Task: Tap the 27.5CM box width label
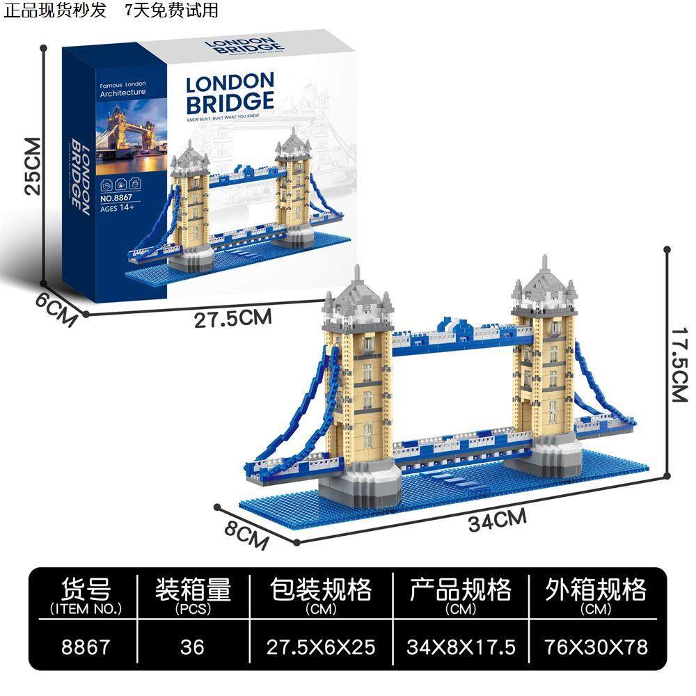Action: (232, 319)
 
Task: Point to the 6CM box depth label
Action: (58, 310)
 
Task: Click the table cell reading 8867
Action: (86, 647)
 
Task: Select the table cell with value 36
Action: (191, 647)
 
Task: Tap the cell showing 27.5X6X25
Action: (321, 647)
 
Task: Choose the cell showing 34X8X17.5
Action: (461, 647)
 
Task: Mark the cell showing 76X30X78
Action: (596, 647)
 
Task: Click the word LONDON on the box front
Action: (230, 83)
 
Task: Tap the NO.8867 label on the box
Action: (116, 198)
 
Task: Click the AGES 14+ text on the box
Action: (116, 208)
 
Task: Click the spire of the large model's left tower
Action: (358, 272)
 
